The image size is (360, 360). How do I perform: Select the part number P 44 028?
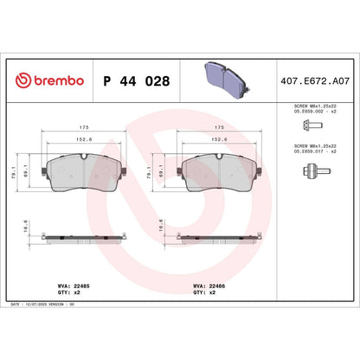pyautogui.click(x=136, y=82)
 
